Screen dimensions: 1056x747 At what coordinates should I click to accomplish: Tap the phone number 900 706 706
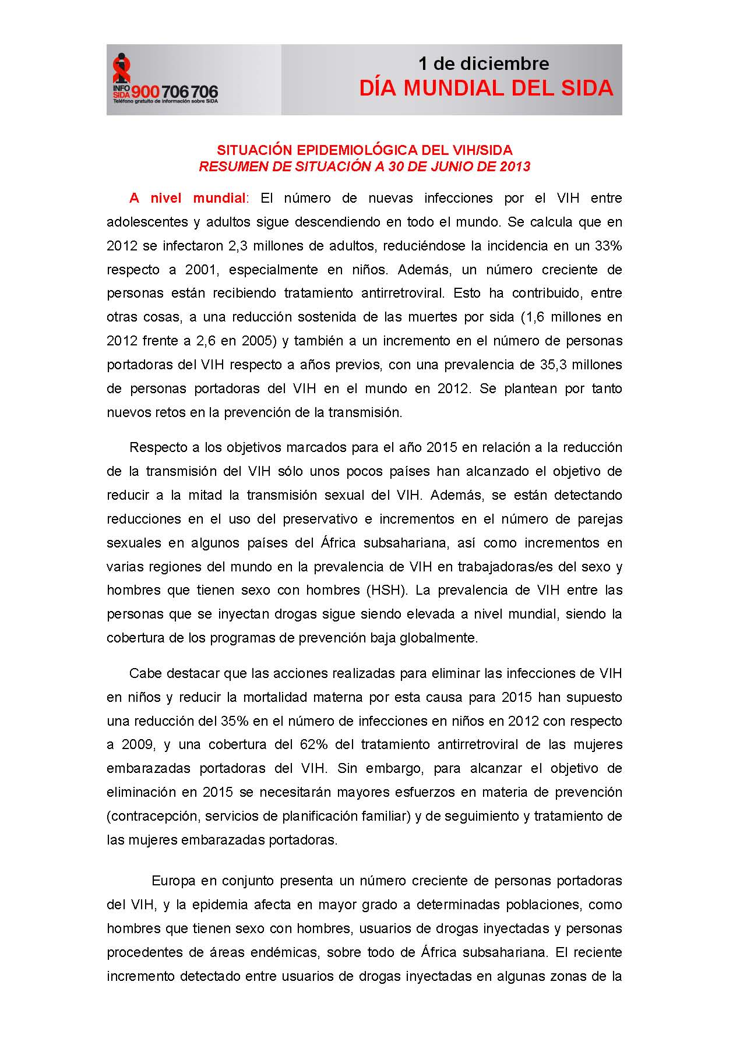(x=175, y=92)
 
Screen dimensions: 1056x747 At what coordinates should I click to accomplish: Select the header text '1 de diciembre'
(x=484, y=63)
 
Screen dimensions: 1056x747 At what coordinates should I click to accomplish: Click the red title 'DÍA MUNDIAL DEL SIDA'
(x=486, y=88)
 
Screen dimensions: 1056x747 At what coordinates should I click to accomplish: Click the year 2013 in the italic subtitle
(x=515, y=167)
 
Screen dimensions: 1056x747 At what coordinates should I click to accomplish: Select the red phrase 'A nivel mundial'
(x=188, y=198)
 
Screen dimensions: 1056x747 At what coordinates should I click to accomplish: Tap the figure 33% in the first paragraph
(x=608, y=246)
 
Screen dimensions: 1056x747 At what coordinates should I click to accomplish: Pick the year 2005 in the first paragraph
(x=258, y=341)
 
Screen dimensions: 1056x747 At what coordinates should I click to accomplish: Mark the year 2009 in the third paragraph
(x=138, y=744)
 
